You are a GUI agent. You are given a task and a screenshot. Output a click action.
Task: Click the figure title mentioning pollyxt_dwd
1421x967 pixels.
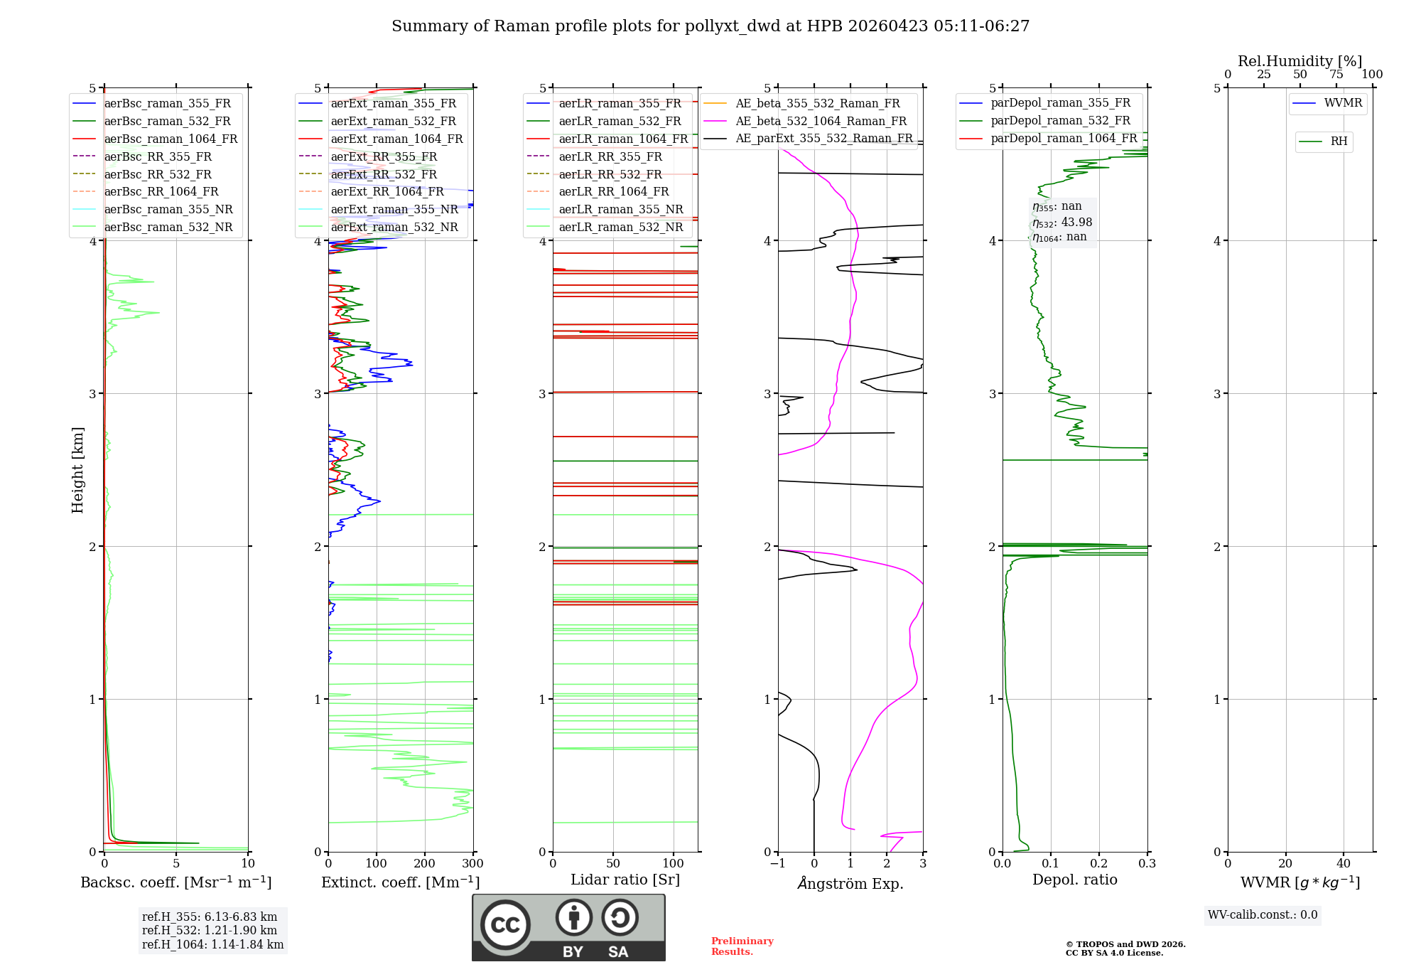(710, 26)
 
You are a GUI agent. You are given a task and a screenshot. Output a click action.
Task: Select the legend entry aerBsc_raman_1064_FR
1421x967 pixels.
(171, 139)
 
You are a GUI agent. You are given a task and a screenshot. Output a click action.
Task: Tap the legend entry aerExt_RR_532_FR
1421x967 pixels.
(384, 174)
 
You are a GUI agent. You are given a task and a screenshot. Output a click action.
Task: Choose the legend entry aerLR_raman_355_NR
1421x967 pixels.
(620, 209)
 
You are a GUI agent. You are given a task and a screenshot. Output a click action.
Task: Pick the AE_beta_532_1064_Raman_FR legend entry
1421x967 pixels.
(821, 121)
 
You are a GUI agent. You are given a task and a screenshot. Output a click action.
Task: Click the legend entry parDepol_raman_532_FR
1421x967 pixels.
(1060, 121)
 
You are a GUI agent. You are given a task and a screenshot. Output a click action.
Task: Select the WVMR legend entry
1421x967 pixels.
(1343, 103)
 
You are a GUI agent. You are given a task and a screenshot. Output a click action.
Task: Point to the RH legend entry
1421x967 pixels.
(1339, 141)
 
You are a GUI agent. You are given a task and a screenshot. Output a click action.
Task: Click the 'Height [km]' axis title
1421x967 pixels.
(77, 470)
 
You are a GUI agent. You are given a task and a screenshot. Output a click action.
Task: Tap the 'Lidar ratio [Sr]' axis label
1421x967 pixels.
(625, 880)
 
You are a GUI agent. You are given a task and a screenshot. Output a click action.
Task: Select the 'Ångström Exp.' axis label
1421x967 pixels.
(850, 883)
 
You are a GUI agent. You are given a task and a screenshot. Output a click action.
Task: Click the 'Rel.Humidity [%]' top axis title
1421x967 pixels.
(1300, 61)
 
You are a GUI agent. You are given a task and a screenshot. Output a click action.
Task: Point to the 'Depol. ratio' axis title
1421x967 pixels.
(1074, 880)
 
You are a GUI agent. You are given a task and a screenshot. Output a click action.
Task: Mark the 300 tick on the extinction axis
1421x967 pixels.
(472, 864)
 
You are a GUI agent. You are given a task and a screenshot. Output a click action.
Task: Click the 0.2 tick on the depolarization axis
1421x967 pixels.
(1099, 864)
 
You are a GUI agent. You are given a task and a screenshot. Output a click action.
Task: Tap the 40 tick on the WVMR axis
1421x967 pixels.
(1343, 864)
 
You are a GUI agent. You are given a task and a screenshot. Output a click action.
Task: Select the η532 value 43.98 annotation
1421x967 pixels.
(1062, 222)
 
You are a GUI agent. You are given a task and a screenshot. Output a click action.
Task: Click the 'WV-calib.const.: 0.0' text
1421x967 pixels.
(1263, 915)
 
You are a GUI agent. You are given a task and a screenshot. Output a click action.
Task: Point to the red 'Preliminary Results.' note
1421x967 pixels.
(742, 946)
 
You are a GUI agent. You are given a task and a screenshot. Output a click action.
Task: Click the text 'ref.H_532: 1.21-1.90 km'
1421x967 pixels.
(210, 930)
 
